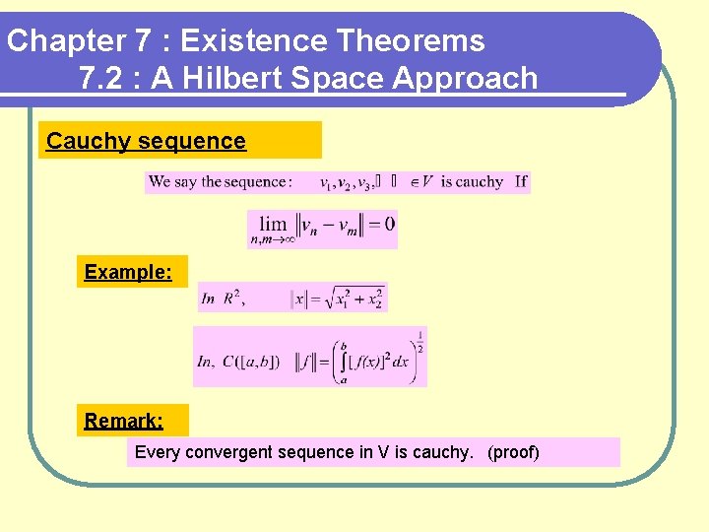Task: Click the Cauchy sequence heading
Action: coord(146,141)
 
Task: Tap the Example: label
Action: coord(129,272)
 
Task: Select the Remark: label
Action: coord(123,422)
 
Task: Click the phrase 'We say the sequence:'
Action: coord(220,182)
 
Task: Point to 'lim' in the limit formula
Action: coord(273,224)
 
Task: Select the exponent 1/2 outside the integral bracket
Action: coord(419,341)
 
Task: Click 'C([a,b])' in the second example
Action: coord(251,362)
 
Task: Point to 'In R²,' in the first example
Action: coord(222,299)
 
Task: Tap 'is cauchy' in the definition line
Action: coord(472,182)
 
